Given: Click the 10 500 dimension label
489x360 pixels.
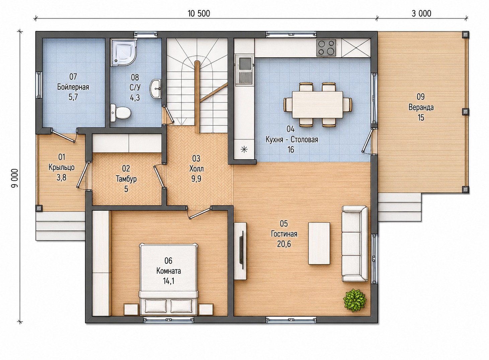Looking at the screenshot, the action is pyautogui.click(x=199, y=13).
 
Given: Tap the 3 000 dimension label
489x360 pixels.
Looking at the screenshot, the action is pyautogui.click(x=421, y=13).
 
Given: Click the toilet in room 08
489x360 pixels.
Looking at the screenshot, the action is pyautogui.click(x=120, y=113).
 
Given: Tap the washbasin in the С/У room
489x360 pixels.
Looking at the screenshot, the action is pyautogui.click(x=155, y=89).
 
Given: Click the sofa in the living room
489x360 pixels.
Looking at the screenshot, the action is pyautogui.click(x=354, y=244).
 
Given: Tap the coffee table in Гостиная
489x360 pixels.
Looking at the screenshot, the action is pyautogui.click(x=319, y=243).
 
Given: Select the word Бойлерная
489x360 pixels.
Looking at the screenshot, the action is pyautogui.click(x=73, y=87).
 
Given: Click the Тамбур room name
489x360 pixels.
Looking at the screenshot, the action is pyautogui.click(x=126, y=179).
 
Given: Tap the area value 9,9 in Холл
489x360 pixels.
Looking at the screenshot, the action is pyautogui.click(x=196, y=179).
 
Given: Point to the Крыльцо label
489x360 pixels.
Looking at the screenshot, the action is pyautogui.click(x=62, y=167).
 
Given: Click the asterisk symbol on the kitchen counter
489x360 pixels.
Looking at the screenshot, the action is pyautogui.click(x=244, y=150).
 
